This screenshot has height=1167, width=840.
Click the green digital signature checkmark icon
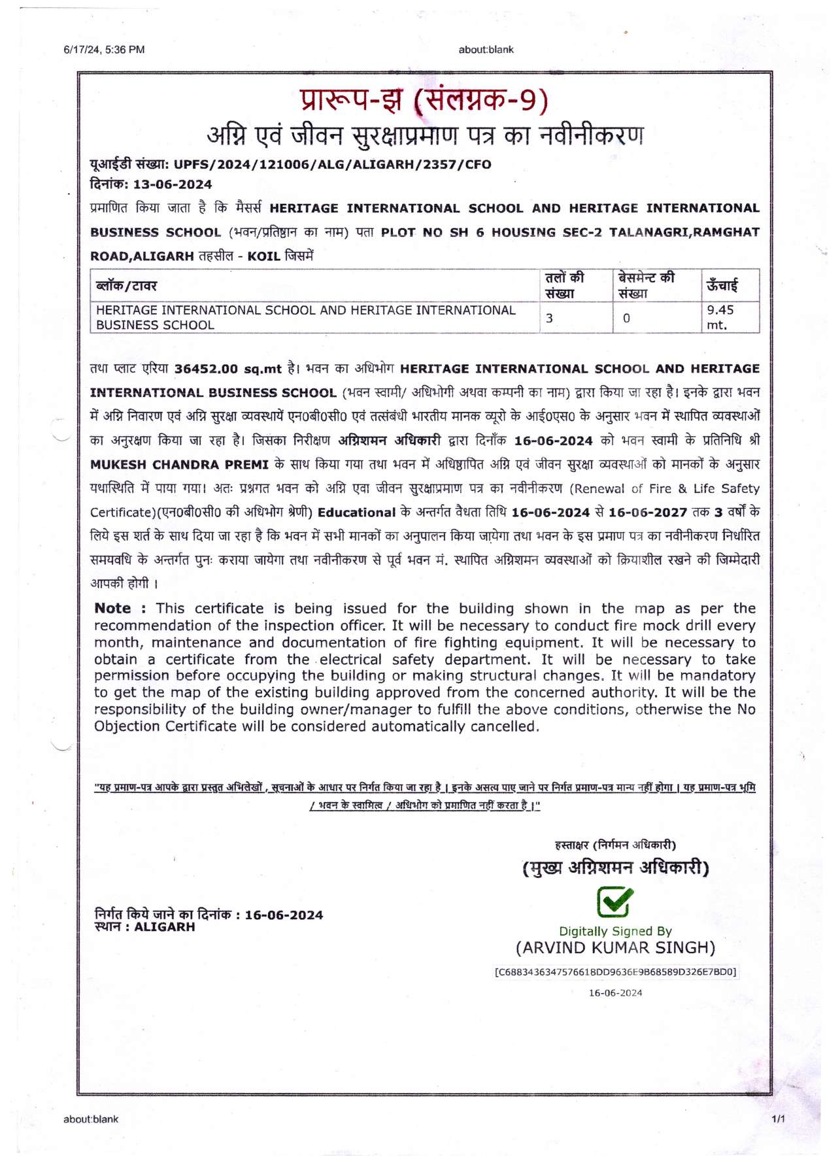(x=615, y=902)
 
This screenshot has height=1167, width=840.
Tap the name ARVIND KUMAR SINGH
(x=615, y=948)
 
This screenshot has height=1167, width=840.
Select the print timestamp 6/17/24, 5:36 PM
(x=104, y=50)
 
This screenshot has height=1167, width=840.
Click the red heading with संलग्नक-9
(x=424, y=100)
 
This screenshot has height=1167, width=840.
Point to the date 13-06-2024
(x=173, y=184)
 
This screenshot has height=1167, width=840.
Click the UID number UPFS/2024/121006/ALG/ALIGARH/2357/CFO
(x=332, y=165)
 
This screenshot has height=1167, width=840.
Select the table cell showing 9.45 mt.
(x=721, y=318)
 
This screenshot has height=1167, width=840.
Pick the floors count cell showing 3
(x=550, y=318)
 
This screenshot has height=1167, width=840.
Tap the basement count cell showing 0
(x=626, y=318)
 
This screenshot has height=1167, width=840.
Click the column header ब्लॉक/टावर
(x=127, y=286)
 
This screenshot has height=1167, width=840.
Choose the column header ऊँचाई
(x=722, y=286)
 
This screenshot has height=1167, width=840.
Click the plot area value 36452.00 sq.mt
(x=227, y=369)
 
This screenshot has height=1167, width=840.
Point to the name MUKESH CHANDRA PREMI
(x=179, y=465)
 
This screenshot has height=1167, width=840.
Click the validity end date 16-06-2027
(x=648, y=513)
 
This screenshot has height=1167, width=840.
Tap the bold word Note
(x=113, y=609)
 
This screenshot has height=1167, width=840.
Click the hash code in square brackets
(x=615, y=972)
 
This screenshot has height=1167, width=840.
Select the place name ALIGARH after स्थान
(x=164, y=927)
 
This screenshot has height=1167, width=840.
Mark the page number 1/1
(x=778, y=1119)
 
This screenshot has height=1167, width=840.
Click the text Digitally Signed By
(x=615, y=931)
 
